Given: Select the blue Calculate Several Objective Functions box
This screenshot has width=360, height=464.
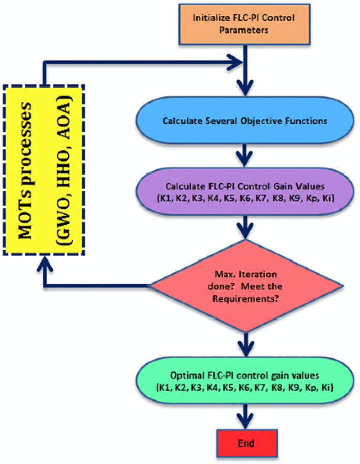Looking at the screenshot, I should (245, 122).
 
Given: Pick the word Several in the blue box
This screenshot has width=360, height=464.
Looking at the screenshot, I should (215, 122).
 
